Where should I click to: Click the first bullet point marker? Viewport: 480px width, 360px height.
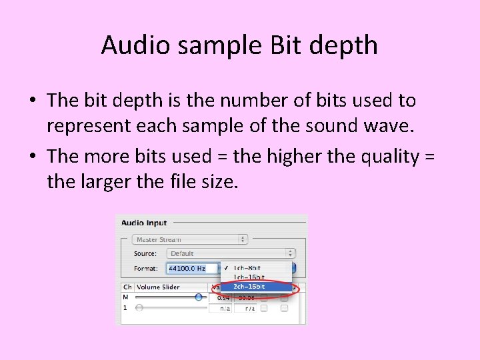(33, 101)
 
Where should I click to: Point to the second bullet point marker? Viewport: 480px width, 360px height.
(33, 156)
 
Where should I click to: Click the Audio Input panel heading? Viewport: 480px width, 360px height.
(144, 223)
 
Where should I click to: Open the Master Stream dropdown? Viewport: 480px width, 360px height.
(189, 239)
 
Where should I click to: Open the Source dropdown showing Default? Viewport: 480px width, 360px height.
(231, 253)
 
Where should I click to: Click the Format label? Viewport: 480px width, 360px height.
(145, 269)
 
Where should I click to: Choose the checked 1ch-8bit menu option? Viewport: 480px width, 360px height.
(249, 268)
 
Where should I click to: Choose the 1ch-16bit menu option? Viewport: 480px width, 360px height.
(249, 277)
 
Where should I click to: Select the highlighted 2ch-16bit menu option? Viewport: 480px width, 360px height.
(249, 287)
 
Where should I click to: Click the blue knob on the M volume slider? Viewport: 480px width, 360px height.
(199, 297)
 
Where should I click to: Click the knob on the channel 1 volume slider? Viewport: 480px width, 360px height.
(139, 308)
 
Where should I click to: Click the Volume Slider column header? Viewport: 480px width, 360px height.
(158, 287)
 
